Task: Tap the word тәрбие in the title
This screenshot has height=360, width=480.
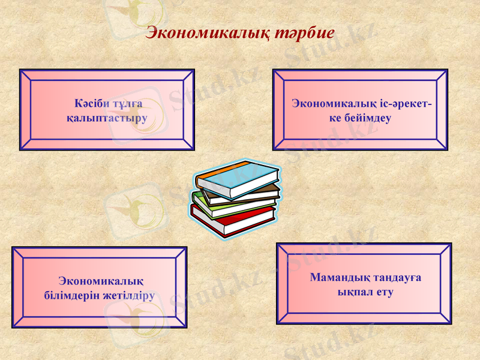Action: pos(305,33)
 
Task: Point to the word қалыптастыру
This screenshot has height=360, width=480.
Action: pos(107,117)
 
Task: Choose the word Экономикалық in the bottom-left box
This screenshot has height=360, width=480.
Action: pos(101,281)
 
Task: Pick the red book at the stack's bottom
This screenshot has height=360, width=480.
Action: pos(228,224)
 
